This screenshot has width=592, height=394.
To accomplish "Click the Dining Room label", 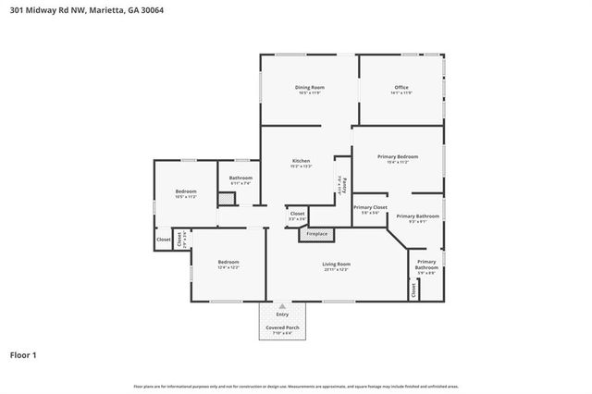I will (310, 88).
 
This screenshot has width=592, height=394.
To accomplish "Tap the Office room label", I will (401, 88).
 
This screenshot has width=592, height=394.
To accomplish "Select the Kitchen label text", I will (301, 161).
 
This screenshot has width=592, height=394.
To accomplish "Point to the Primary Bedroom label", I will (399, 156).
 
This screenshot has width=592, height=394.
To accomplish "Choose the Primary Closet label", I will (369, 207).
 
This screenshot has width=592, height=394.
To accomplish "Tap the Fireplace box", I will (316, 234).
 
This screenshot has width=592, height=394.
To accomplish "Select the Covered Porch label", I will (282, 327).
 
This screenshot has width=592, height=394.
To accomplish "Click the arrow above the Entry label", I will (282, 304).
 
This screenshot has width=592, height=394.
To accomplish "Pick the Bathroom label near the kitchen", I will (240, 178).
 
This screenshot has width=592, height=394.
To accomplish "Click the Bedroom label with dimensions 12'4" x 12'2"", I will (228, 263).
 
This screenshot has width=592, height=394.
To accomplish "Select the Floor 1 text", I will (23, 354).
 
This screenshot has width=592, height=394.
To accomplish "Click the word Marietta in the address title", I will (90, 10).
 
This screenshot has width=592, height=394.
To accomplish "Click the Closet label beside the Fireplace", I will (297, 214).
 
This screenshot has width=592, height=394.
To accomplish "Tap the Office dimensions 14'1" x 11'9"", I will (401, 93).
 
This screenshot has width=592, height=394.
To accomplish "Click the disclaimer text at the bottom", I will (295, 386).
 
